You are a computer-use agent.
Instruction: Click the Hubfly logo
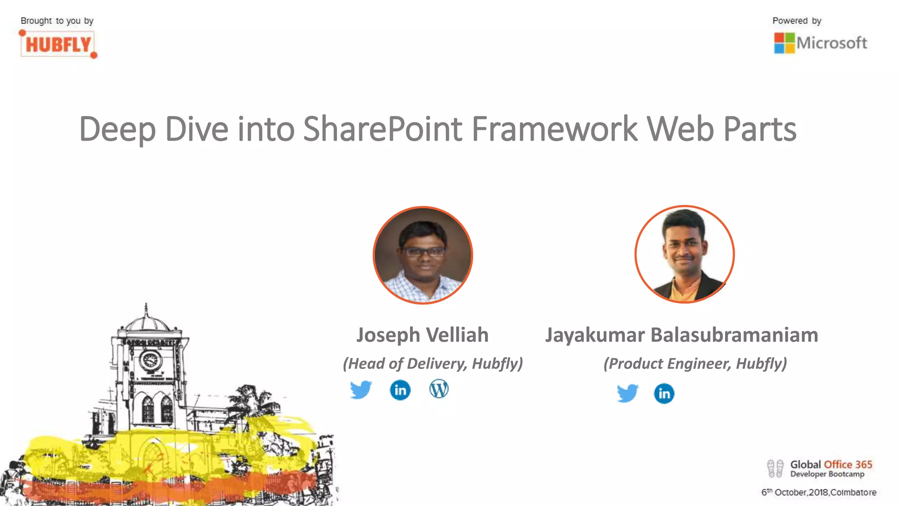point(58,44)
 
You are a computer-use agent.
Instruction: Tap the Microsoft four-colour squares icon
point(784,43)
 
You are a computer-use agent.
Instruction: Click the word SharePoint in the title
point(382,129)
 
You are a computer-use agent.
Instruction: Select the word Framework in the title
point(554,129)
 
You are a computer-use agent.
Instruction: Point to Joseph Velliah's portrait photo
point(423,255)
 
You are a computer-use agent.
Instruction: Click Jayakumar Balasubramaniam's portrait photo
point(684,254)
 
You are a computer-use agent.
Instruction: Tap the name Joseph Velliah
point(422,335)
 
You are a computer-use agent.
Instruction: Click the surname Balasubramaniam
point(734,335)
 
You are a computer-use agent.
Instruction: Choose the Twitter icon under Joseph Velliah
point(361,390)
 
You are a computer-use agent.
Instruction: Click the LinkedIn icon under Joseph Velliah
point(400,390)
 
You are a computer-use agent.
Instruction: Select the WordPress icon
point(439,389)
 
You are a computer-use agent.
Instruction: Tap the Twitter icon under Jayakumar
point(627,393)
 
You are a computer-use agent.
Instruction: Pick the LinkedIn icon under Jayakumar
point(664,393)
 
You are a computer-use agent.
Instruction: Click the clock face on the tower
point(150,361)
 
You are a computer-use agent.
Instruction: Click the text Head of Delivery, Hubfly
point(433,364)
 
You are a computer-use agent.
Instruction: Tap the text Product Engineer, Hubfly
point(695,364)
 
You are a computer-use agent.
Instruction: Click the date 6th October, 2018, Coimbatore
point(819,492)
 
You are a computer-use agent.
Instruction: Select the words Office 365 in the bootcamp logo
point(848,464)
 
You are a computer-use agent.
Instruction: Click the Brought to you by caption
point(57,21)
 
